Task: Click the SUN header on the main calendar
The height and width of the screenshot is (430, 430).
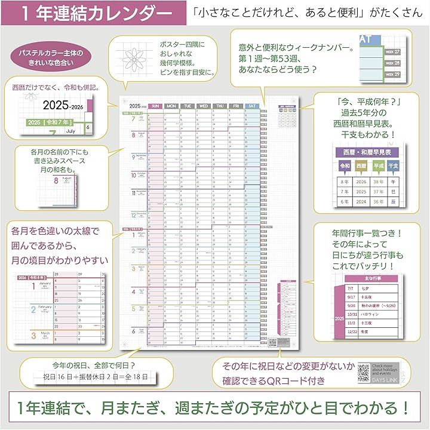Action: click(155, 106)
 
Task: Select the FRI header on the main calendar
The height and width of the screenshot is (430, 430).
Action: click(236, 106)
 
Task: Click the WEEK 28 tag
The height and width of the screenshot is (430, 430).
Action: click(393, 63)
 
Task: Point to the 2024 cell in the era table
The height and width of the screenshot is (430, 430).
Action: click(361, 201)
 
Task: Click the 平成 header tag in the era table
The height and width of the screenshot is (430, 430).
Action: click(377, 165)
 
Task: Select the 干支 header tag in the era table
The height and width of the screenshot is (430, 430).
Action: click(394, 165)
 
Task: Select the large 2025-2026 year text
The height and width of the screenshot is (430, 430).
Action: click(64, 106)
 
